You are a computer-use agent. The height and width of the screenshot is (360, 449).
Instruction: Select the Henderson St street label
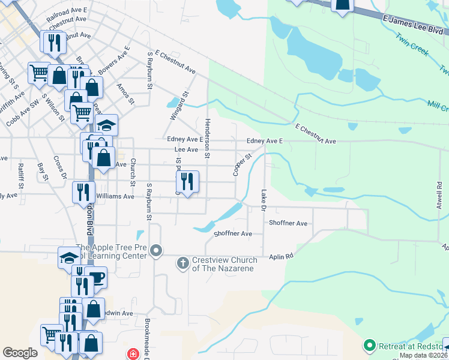(207, 139)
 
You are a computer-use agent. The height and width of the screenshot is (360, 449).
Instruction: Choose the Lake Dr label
(263, 200)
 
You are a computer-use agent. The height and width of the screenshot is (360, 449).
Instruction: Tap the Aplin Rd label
(281, 256)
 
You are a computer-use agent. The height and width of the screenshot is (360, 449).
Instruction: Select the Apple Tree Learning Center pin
(156, 250)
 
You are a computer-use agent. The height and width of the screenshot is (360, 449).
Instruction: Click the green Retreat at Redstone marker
(369, 346)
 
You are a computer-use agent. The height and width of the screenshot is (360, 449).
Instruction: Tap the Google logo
(20, 353)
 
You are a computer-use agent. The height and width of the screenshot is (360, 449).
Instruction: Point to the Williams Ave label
(116, 196)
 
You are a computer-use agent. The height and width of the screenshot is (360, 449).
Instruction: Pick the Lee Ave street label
(185, 149)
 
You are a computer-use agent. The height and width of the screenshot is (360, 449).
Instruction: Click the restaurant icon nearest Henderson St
(187, 181)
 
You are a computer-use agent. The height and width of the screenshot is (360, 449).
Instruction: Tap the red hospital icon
(131, 354)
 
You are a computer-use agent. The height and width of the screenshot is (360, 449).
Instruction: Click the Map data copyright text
(423, 355)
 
